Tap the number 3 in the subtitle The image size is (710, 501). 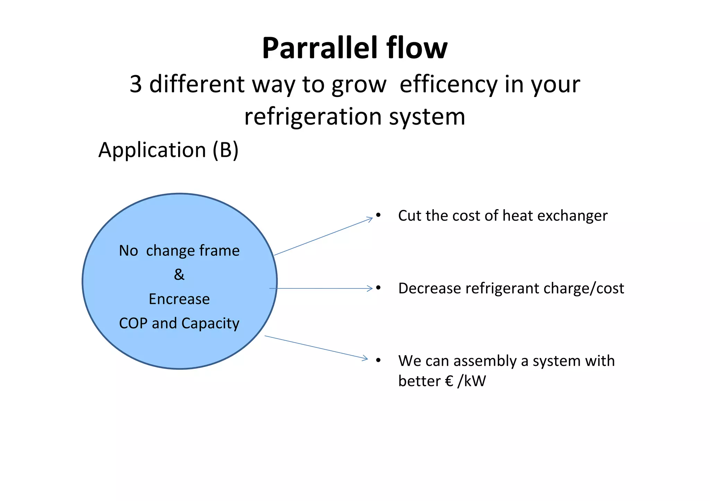[136, 84]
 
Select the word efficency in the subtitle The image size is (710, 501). [449, 84]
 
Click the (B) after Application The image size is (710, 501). [225, 150]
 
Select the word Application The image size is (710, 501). [152, 150]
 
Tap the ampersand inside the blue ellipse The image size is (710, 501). [179, 275]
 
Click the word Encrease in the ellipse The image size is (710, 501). [179, 299]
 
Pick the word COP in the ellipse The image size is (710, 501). [133, 323]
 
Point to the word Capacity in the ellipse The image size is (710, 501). [210, 323]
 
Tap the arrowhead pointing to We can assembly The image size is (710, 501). [365, 358]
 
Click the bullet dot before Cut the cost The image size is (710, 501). [379, 215]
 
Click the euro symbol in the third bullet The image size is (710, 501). [449, 381]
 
